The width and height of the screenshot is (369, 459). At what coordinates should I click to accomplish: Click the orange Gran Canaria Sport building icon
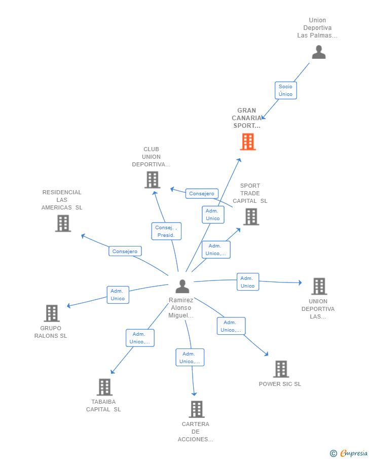(247, 142)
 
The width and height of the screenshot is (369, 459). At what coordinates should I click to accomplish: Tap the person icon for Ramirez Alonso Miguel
(182, 287)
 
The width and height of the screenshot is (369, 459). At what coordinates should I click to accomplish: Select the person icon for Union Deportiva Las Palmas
(318, 52)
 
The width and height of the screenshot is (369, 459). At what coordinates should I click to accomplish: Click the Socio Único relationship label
(285, 90)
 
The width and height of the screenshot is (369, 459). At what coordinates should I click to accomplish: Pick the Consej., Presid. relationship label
(166, 231)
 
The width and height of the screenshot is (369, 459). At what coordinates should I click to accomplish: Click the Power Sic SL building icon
(281, 369)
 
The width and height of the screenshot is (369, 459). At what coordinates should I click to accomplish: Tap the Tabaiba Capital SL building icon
(104, 387)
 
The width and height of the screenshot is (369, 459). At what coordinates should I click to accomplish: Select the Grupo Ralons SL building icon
(52, 313)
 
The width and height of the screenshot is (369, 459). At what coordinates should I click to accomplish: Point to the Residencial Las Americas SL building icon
(63, 223)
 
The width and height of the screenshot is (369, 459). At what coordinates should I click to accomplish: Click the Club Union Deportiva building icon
(152, 180)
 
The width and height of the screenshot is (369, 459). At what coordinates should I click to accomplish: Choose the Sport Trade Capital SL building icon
(250, 217)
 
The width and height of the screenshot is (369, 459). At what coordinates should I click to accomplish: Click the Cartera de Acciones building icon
(196, 409)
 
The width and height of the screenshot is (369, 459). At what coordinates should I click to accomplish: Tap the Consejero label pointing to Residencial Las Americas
(125, 251)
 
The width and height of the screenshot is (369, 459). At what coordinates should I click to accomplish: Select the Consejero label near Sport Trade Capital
(202, 194)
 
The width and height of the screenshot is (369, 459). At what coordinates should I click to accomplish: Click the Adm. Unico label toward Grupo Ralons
(118, 295)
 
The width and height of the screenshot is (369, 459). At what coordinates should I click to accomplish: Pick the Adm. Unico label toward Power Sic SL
(231, 326)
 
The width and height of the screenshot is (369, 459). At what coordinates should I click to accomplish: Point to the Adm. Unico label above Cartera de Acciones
(190, 358)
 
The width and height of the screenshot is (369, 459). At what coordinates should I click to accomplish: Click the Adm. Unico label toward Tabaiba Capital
(139, 338)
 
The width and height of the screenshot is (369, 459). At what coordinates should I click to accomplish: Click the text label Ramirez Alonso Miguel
(181, 308)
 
